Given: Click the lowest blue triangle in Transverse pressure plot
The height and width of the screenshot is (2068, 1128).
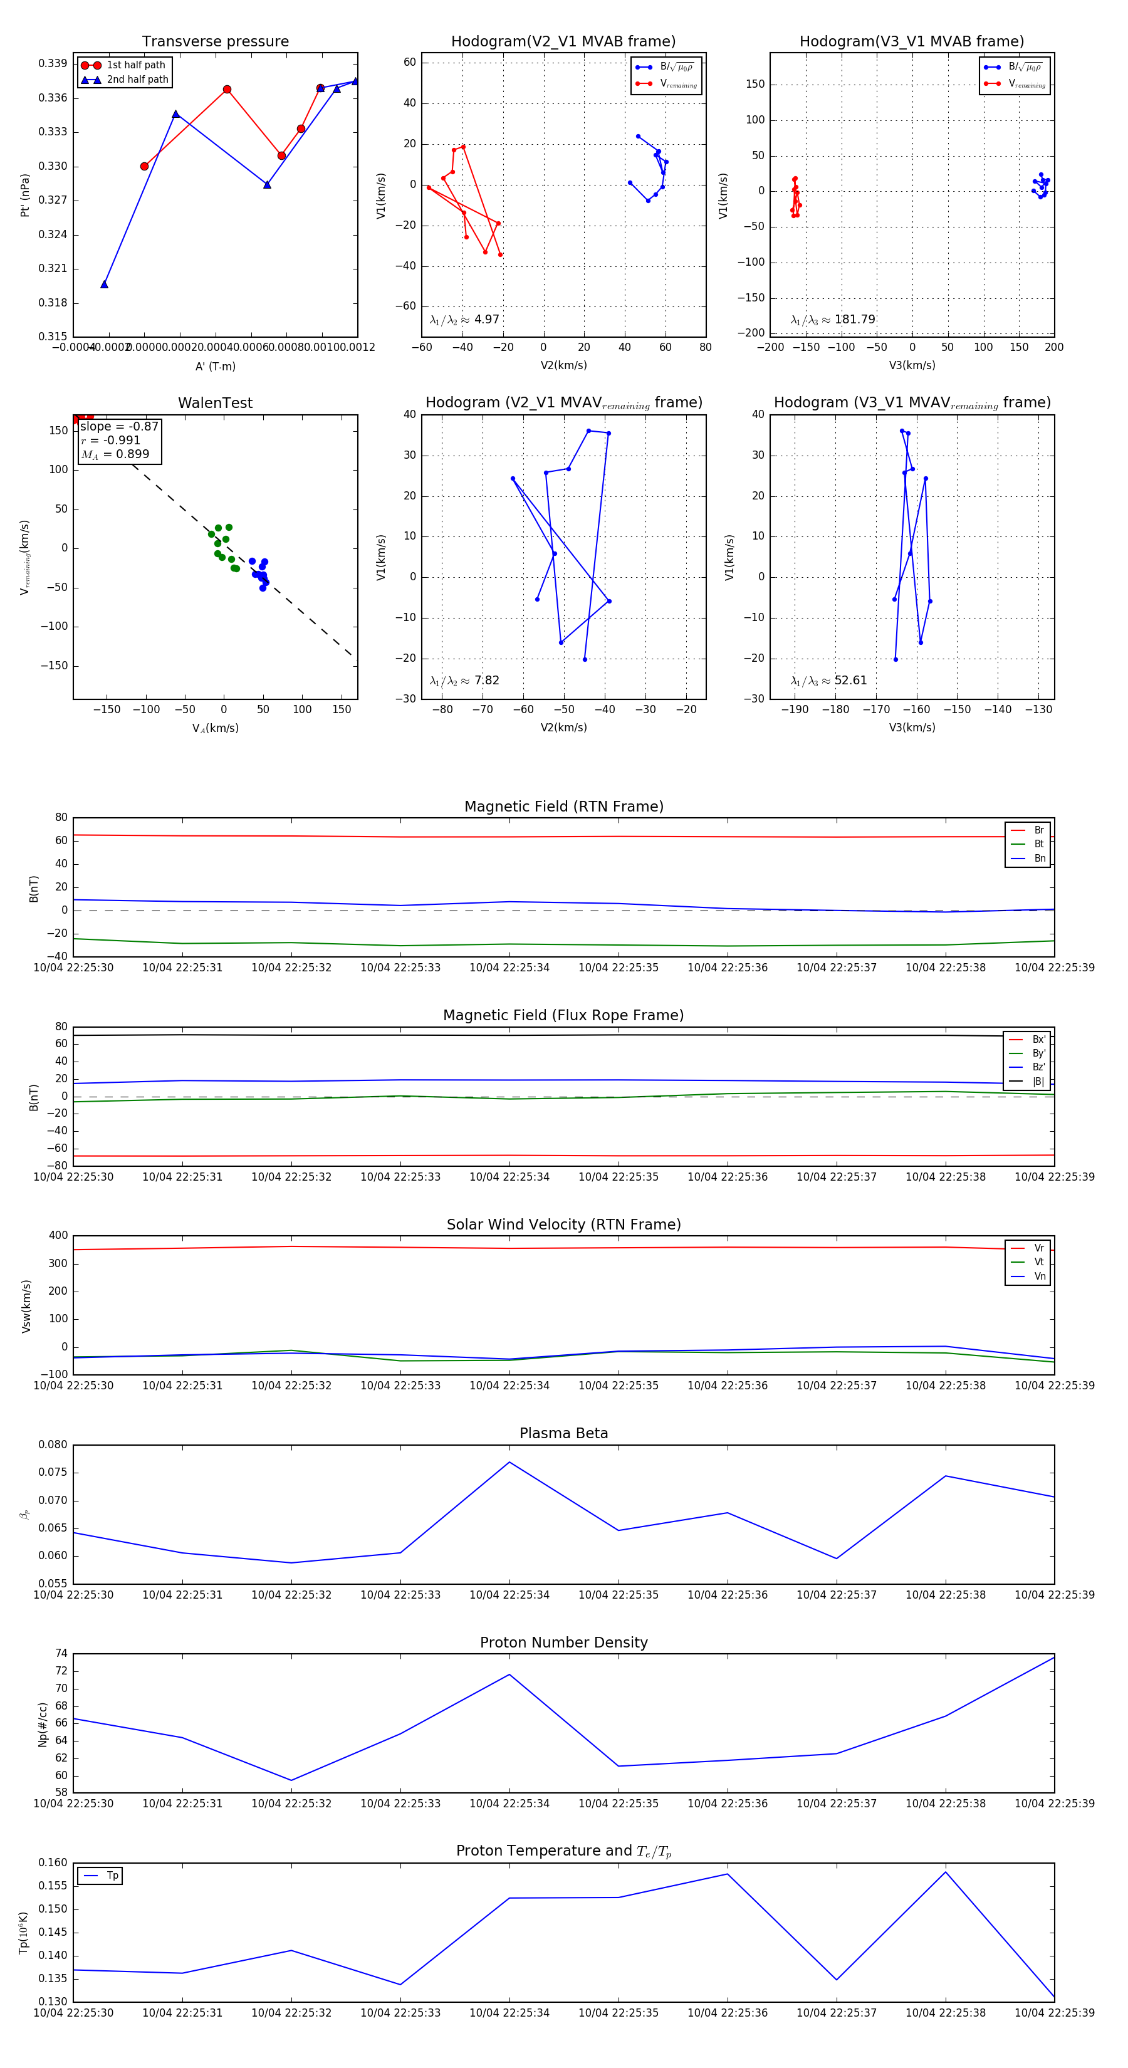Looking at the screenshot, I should pyautogui.click(x=105, y=284).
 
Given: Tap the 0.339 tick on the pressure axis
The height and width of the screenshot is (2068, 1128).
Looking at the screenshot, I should pyautogui.click(x=53, y=63).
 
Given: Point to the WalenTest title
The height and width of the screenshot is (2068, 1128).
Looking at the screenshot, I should pyautogui.click(x=215, y=403).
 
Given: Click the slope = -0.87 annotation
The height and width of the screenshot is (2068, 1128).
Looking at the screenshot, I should pyautogui.click(x=119, y=426).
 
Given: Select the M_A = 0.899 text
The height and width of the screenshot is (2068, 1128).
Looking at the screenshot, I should pyautogui.click(x=115, y=454).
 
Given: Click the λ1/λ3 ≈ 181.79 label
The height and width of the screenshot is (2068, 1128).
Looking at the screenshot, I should pyautogui.click(x=833, y=320).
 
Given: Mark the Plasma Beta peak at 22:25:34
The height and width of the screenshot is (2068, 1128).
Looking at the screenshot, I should pyautogui.click(x=509, y=1462).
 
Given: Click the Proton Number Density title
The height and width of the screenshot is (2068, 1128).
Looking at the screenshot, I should pyautogui.click(x=563, y=1642).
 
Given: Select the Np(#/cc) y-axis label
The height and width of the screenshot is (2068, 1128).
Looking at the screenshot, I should pyautogui.click(x=43, y=1725).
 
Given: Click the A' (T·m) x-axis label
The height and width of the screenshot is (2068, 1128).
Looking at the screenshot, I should pyautogui.click(x=215, y=366).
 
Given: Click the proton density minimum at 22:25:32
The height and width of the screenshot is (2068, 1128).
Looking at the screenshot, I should pyautogui.click(x=291, y=1780).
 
